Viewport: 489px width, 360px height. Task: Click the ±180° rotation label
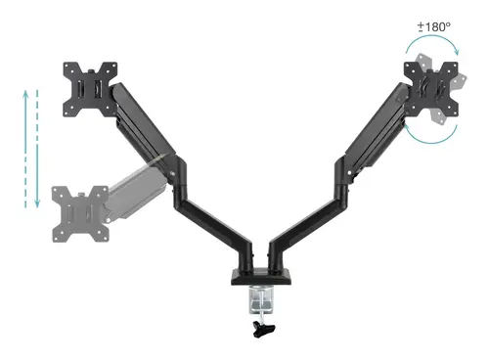(432, 25)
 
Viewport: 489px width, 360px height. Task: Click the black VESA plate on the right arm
(430, 89)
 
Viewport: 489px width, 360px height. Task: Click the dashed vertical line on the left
(40, 147)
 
